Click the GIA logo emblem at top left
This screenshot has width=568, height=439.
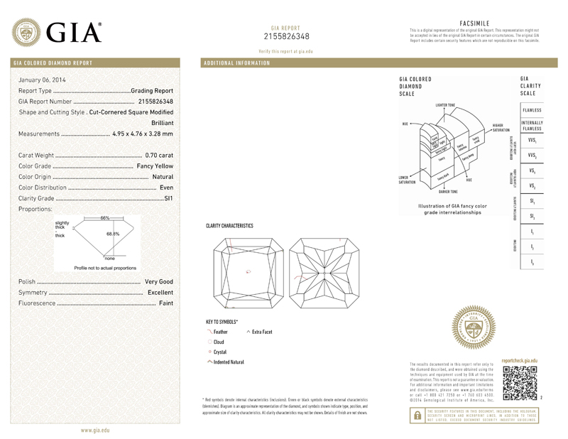[28, 31]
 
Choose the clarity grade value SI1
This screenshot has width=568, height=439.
[168, 198]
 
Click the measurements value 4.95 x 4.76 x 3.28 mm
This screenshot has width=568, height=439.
[143, 134]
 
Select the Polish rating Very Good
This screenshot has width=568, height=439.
[159, 282]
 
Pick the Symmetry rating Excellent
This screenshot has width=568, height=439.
[160, 293]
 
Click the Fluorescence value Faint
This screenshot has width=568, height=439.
[166, 303]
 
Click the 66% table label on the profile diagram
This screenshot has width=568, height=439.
[104, 217]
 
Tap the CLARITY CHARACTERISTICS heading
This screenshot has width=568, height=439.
[229, 225]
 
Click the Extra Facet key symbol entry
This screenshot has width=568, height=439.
[263, 332]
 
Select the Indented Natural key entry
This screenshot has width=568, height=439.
[228, 362]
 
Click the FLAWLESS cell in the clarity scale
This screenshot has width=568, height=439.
[532, 111]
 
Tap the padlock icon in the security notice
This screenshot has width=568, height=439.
[417, 418]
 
